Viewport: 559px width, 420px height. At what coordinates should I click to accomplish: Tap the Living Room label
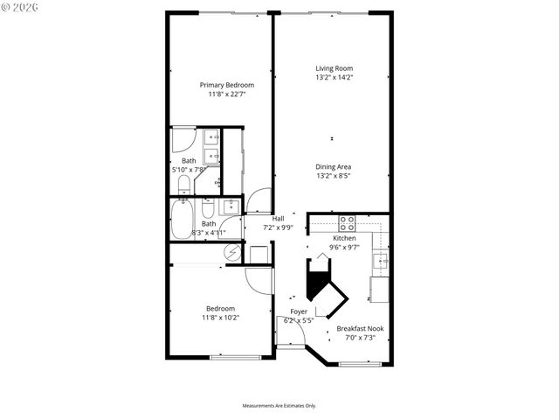334,68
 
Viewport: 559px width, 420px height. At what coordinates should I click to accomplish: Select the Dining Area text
334,166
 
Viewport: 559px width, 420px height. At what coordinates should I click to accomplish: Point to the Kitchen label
344,238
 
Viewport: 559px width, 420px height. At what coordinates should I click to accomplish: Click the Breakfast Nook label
360,329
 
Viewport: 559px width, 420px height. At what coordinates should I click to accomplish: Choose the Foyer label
299,311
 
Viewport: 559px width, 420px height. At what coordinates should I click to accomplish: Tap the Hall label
279,219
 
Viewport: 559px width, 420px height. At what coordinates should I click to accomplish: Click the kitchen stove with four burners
346,222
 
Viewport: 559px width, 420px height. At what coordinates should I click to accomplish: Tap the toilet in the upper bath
184,185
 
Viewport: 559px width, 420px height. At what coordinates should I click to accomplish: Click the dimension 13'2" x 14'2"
334,77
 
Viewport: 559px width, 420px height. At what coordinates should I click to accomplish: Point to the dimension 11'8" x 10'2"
220,318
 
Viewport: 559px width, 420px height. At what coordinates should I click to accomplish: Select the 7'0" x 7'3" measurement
360,338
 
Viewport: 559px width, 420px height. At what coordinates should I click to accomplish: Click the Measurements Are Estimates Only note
279,406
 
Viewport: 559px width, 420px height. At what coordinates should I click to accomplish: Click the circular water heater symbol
232,253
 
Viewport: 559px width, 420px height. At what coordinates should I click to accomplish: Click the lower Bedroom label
220,308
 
